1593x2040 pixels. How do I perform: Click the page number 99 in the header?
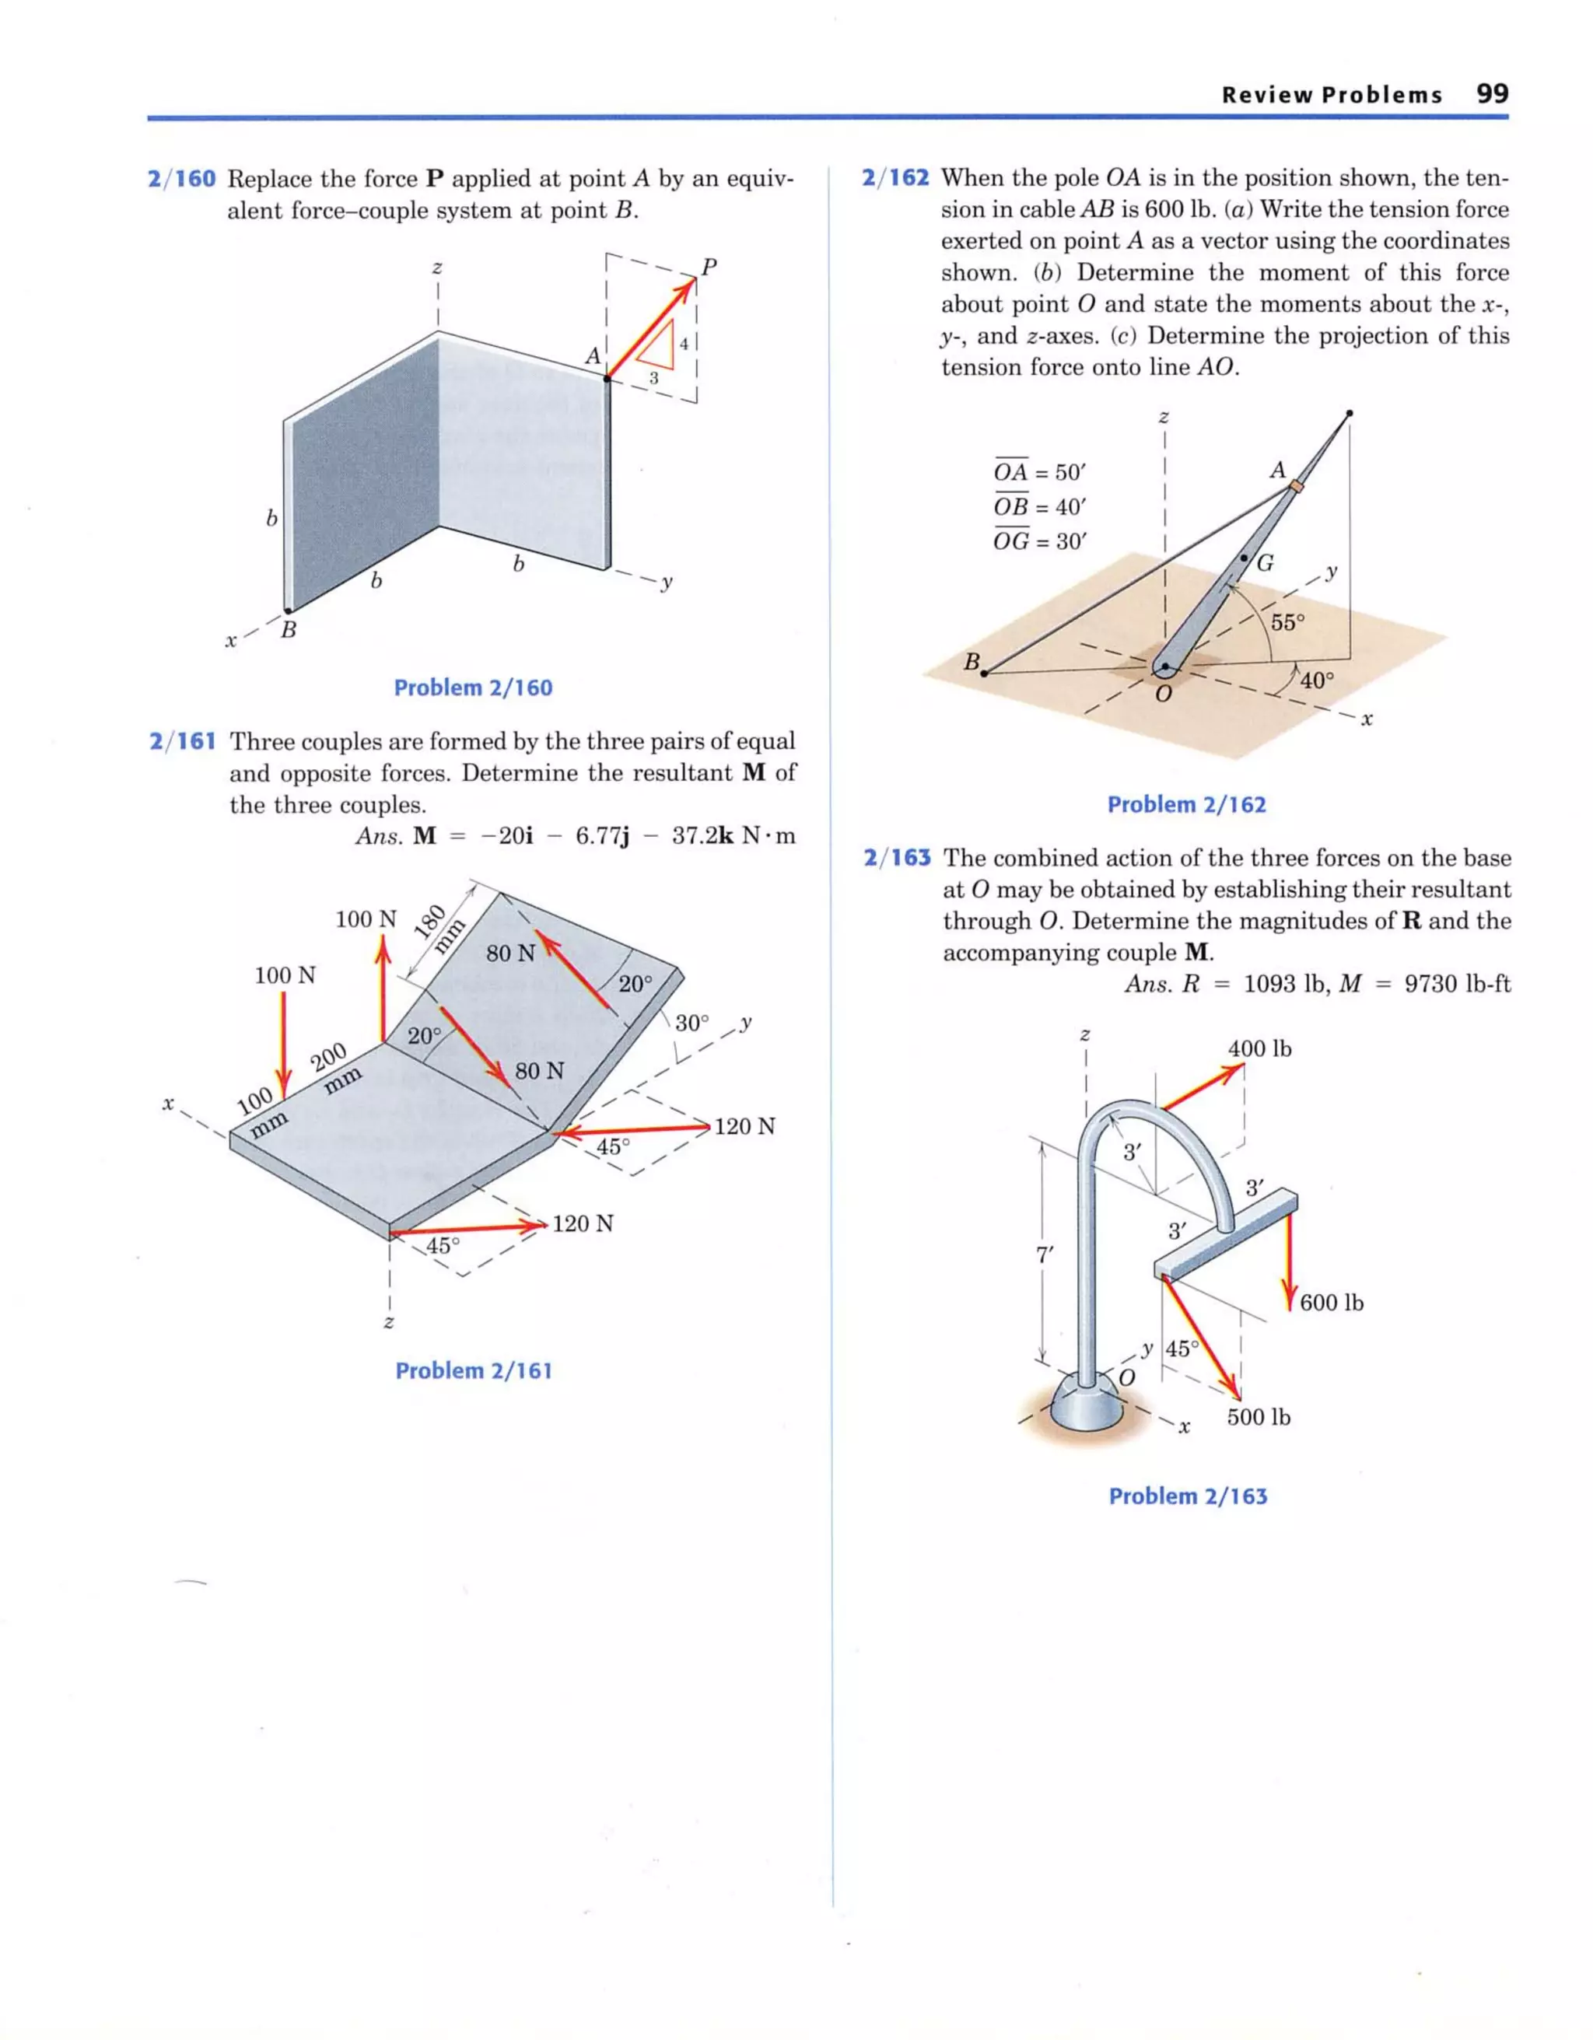coord(1491,93)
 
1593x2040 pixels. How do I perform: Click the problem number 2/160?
coord(181,178)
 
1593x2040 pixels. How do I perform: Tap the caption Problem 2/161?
coord(474,1370)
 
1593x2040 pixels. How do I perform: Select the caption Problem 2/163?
coord(1188,1496)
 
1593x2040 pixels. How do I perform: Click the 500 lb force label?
coord(1258,1417)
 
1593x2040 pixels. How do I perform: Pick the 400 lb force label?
coord(1259,1049)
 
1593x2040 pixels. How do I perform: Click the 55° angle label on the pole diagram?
coord(1287,622)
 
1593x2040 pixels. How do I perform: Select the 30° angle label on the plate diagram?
coord(692,1023)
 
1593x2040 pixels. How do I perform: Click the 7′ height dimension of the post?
coord(1045,1255)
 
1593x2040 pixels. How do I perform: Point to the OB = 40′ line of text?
coord(1039,507)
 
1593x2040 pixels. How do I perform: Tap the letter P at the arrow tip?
coord(709,267)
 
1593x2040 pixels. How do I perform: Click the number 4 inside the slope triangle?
coord(684,344)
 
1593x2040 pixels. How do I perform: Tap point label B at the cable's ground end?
coord(972,663)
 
